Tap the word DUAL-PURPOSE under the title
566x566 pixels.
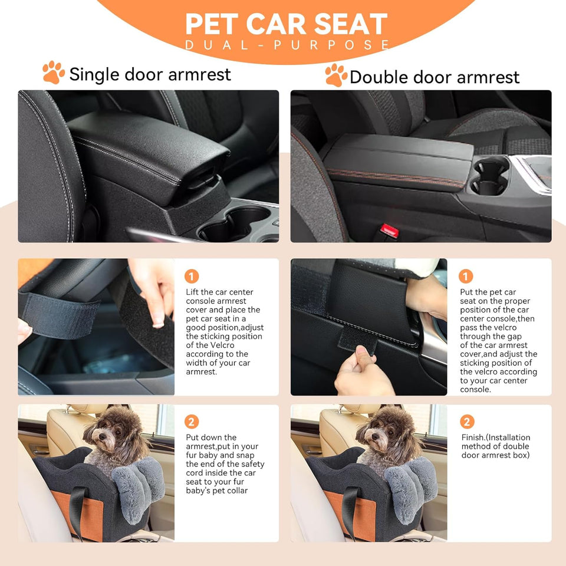click(287, 45)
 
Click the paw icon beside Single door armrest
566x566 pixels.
click(54, 72)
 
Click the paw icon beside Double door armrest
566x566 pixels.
click(336, 75)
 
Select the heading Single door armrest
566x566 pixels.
click(150, 74)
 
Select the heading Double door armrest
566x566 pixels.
click(435, 77)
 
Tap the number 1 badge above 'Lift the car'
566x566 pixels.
click(192, 276)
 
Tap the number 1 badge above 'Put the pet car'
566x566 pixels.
click(466, 276)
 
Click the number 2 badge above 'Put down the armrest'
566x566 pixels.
click(192, 422)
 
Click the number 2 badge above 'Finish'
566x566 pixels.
click(466, 422)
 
